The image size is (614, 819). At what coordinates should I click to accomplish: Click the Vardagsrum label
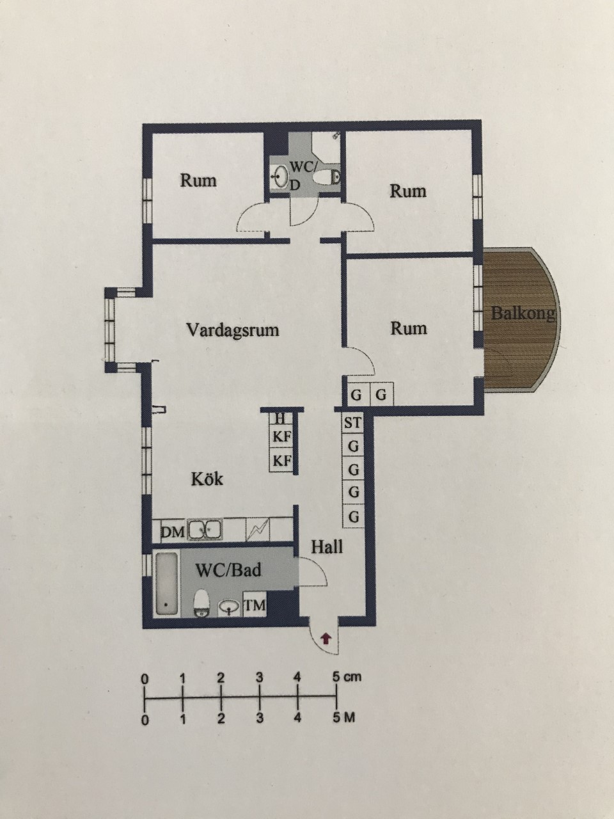coord(233,330)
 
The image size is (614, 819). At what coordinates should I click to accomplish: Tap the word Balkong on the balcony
coord(523,314)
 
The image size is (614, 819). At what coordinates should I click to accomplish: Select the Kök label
coord(207,479)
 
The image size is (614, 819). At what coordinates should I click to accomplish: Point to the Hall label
coord(327,547)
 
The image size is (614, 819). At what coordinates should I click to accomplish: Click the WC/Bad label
coord(228,570)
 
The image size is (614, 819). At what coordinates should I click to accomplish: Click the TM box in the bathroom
coord(255,605)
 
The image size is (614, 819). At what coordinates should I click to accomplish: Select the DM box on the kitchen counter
coord(173,531)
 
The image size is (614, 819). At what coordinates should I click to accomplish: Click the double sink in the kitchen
coord(205,530)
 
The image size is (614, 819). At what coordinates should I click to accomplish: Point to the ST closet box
coord(352,423)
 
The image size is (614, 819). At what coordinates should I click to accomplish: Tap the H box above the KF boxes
coord(280,418)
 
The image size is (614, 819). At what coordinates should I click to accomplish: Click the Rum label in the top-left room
coord(198,180)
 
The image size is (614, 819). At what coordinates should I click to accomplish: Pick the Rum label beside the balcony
coord(409,328)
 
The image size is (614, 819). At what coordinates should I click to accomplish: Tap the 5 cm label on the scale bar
coord(347,677)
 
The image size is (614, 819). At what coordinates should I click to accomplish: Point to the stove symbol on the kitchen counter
coord(258,530)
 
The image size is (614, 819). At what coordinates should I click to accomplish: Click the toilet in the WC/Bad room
coord(201,603)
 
